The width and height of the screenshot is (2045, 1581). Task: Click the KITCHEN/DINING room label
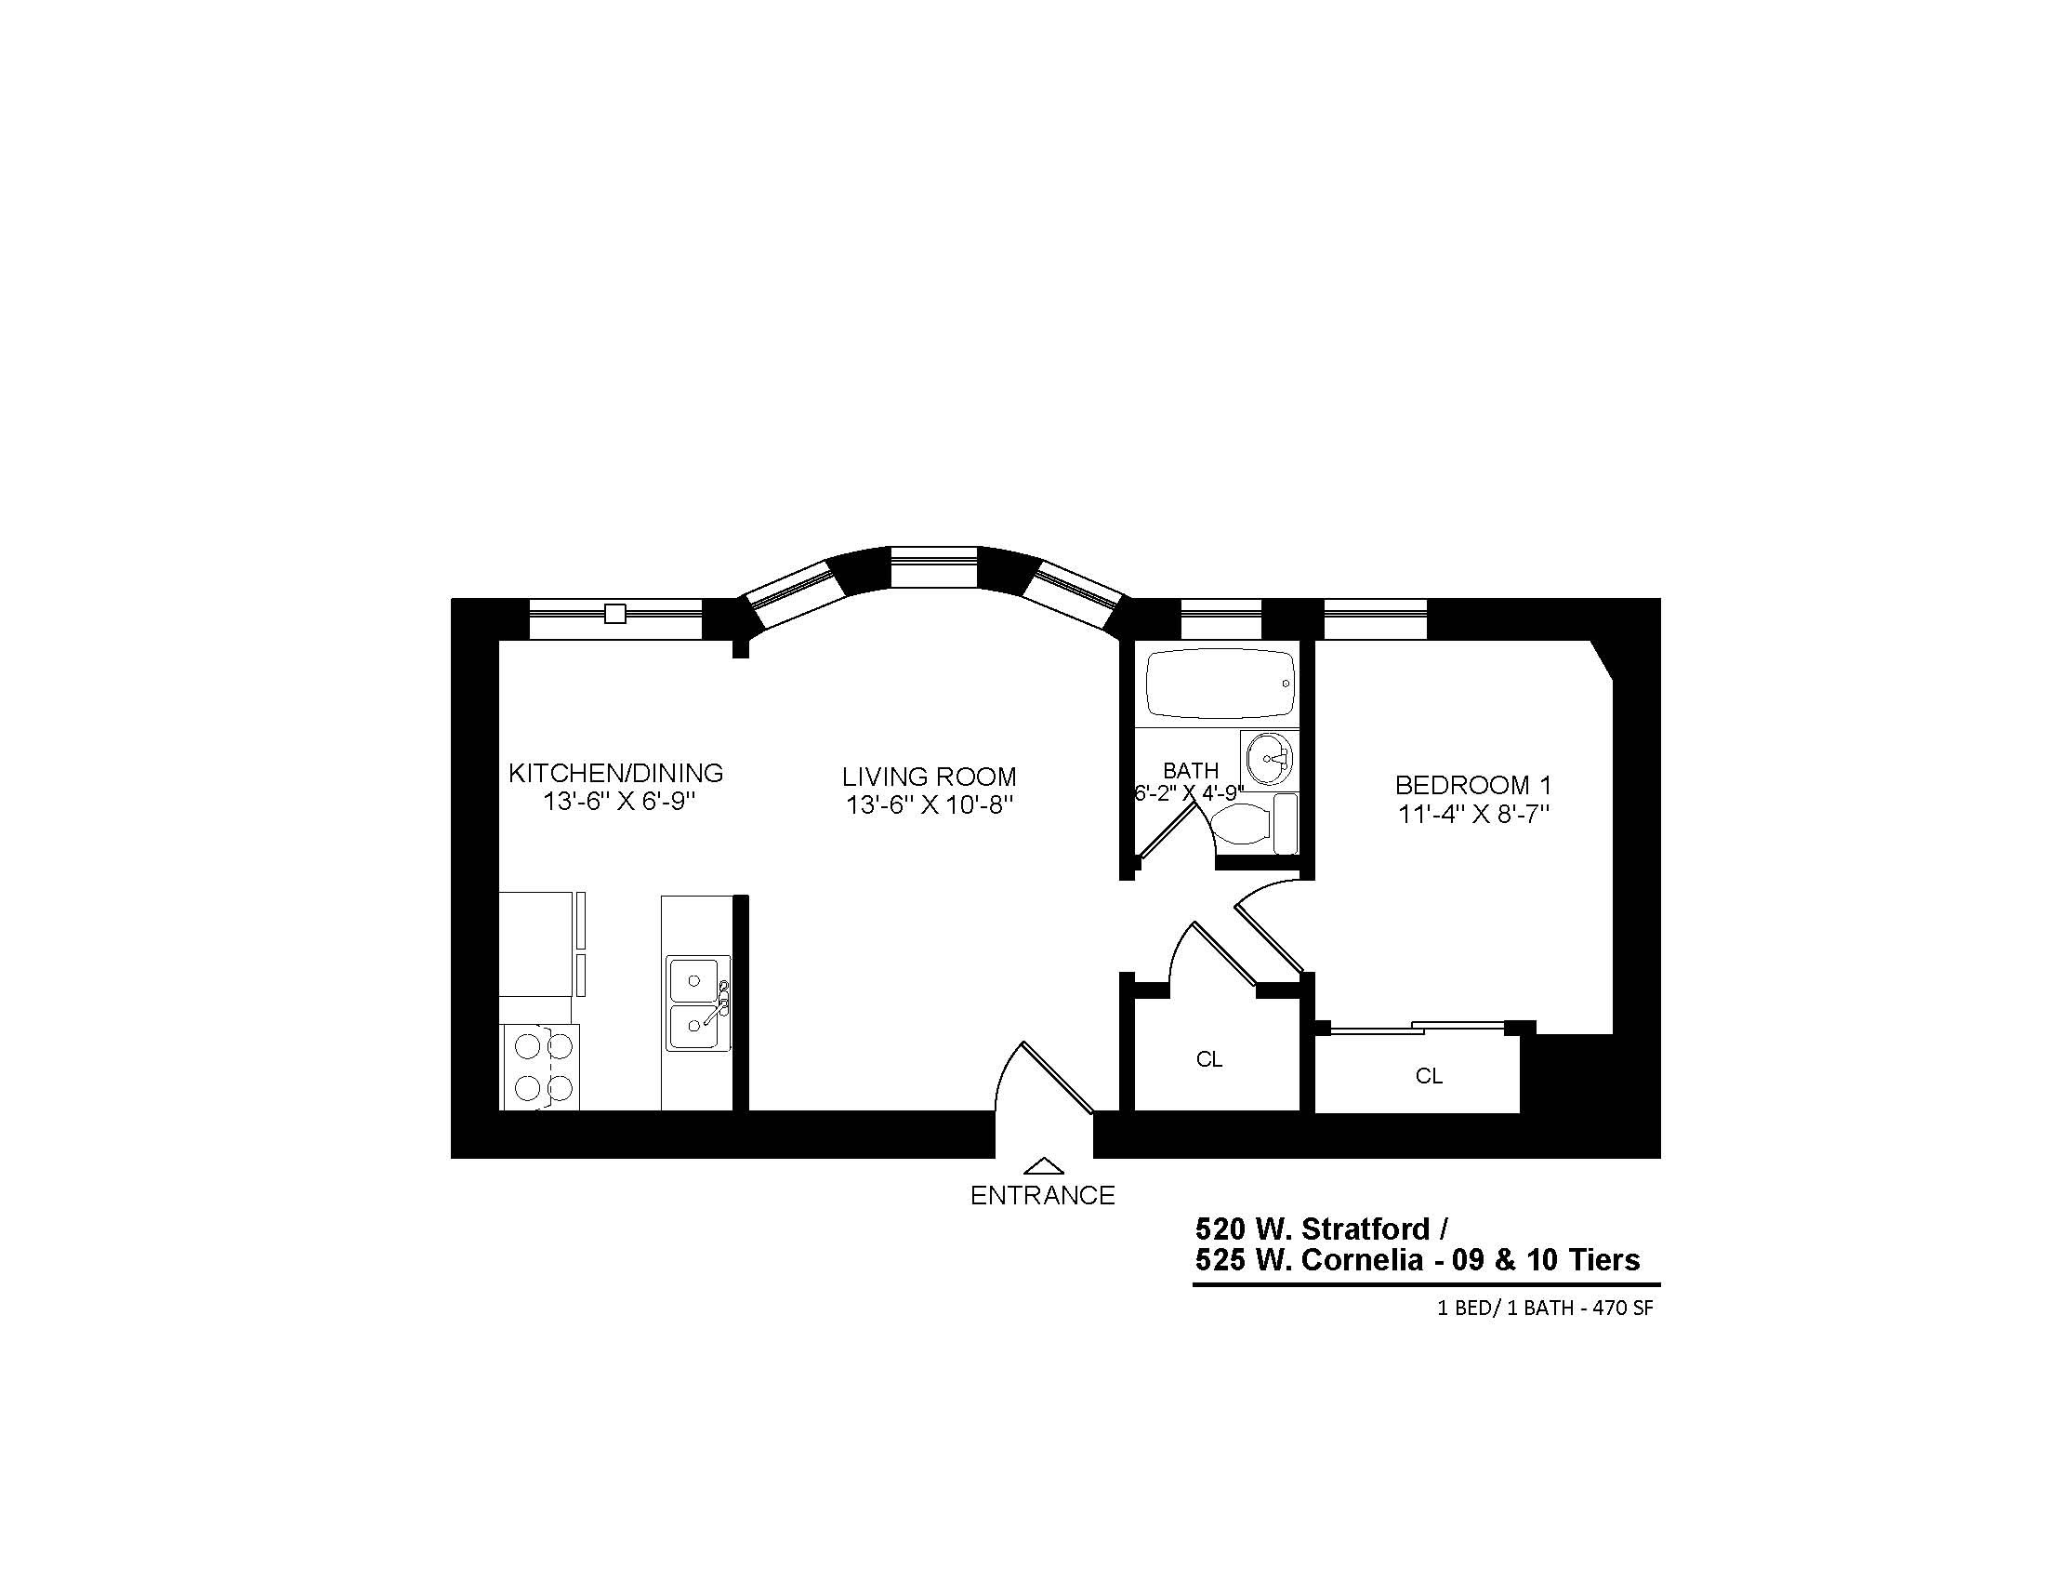615,773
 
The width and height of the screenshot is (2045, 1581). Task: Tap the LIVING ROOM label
929,777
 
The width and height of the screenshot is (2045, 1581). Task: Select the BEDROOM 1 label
1474,785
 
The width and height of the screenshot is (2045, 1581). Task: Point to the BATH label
1190,770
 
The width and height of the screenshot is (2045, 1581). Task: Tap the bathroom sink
1270,757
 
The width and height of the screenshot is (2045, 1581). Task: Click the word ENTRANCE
1042,1196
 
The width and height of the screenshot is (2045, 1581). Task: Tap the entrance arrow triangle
1043,1166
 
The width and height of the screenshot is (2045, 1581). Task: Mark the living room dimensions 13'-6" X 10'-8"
930,805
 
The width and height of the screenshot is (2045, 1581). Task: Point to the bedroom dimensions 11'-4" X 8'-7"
1474,814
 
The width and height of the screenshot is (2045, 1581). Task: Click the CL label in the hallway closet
1208,1059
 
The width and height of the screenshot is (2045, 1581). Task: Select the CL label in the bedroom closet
1429,1076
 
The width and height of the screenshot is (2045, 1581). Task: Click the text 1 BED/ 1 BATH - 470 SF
1545,1308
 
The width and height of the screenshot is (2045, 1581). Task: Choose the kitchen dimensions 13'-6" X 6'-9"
619,802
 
